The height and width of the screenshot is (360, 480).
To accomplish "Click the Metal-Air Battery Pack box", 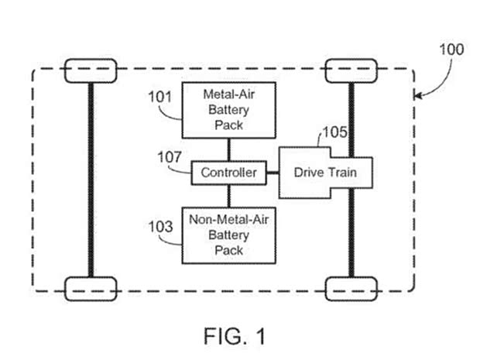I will (228, 109).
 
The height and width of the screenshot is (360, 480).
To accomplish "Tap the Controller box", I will (229, 173).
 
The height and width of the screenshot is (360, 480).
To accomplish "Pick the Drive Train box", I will (325, 172).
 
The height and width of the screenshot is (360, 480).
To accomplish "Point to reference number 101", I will (159, 98).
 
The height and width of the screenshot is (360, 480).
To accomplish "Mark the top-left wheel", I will (91, 72).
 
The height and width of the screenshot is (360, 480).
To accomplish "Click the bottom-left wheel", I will (91, 288).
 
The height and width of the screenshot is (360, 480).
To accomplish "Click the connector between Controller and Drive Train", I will (272, 173).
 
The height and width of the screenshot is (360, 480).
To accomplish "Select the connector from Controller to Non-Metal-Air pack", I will (228, 196).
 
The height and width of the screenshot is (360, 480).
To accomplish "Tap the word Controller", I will (229, 173).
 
